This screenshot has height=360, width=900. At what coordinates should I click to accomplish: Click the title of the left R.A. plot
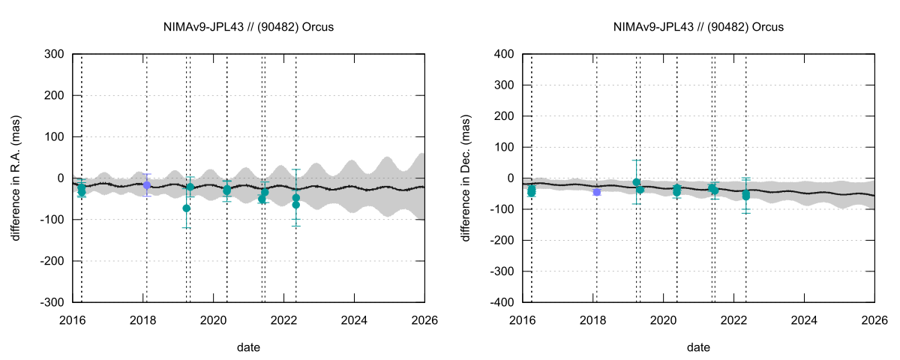point(247,27)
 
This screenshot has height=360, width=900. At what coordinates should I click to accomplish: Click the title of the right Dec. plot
point(697,27)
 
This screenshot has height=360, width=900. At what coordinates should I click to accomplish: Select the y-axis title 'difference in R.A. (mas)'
point(16,178)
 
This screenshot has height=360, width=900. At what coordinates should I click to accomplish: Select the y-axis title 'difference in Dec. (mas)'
point(466,178)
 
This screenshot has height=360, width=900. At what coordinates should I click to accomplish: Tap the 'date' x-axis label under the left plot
point(248,347)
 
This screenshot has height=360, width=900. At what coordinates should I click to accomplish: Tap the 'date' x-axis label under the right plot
point(698,347)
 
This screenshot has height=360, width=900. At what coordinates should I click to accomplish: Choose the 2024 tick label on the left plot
point(354,320)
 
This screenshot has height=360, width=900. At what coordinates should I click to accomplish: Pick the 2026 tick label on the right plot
point(874,320)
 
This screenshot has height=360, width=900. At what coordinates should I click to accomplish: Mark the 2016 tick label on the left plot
point(72,320)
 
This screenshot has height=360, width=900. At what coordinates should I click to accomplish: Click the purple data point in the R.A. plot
point(147,184)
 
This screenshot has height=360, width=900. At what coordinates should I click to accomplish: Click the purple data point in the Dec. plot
point(597,192)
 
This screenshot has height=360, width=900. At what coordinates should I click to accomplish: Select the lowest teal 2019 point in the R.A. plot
point(186,208)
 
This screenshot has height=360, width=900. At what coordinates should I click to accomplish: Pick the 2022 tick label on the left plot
point(283,320)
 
